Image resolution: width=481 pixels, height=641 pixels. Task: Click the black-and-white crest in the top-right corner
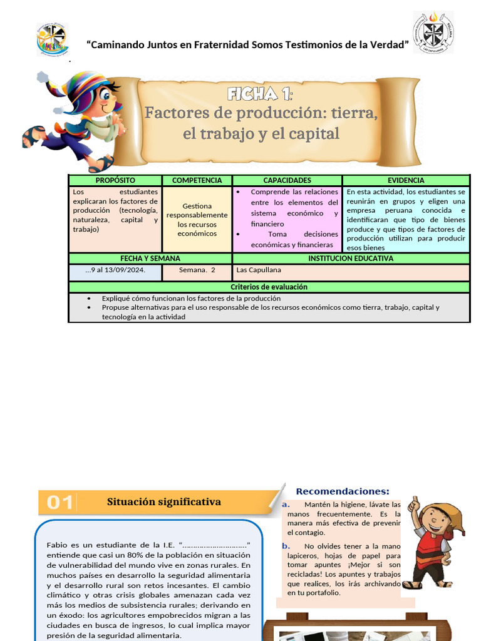[x=433, y=32]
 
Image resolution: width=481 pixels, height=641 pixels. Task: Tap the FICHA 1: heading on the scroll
[x=259, y=95]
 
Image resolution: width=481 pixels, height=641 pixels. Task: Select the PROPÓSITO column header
[x=115, y=180]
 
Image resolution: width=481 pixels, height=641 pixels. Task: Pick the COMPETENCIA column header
[x=197, y=180]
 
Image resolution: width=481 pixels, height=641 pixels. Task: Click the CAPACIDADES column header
[x=287, y=180]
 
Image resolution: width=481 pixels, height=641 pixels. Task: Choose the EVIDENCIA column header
[x=406, y=180]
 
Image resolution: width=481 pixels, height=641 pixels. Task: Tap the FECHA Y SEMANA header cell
[x=150, y=258]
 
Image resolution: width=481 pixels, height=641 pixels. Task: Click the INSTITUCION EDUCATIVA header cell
[x=351, y=258]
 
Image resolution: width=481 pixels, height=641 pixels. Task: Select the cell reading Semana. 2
[x=197, y=270]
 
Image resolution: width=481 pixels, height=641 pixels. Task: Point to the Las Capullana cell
[x=259, y=270]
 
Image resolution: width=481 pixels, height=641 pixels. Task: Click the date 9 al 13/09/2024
[x=118, y=270]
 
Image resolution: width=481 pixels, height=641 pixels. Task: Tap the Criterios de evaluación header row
[x=269, y=287]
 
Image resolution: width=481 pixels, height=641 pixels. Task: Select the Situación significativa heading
[x=164, y=502]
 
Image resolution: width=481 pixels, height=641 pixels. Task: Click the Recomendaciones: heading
[x=342, y=491]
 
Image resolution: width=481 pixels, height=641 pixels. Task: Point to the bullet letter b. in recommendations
[x=286, y=546]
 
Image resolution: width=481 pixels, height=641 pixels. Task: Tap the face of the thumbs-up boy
[x=433, y=520]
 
